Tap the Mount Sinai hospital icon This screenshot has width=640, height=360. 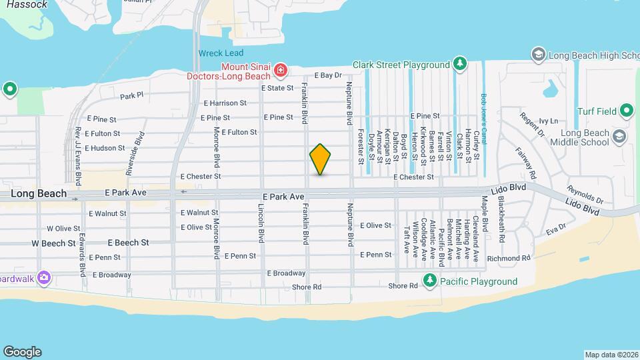click(281, 69)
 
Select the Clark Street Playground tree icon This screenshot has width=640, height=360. click(459, 64)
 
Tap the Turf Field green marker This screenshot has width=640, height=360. click(626, 110)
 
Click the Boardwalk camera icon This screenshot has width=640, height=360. click(44, 277)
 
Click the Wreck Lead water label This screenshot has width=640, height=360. click(221, 53)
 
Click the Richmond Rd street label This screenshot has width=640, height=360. click(509, 258)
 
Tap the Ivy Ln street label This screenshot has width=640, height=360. click(548, 121)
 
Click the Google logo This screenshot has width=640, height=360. click(22, 352)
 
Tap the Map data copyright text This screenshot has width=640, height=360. click(611, 355)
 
